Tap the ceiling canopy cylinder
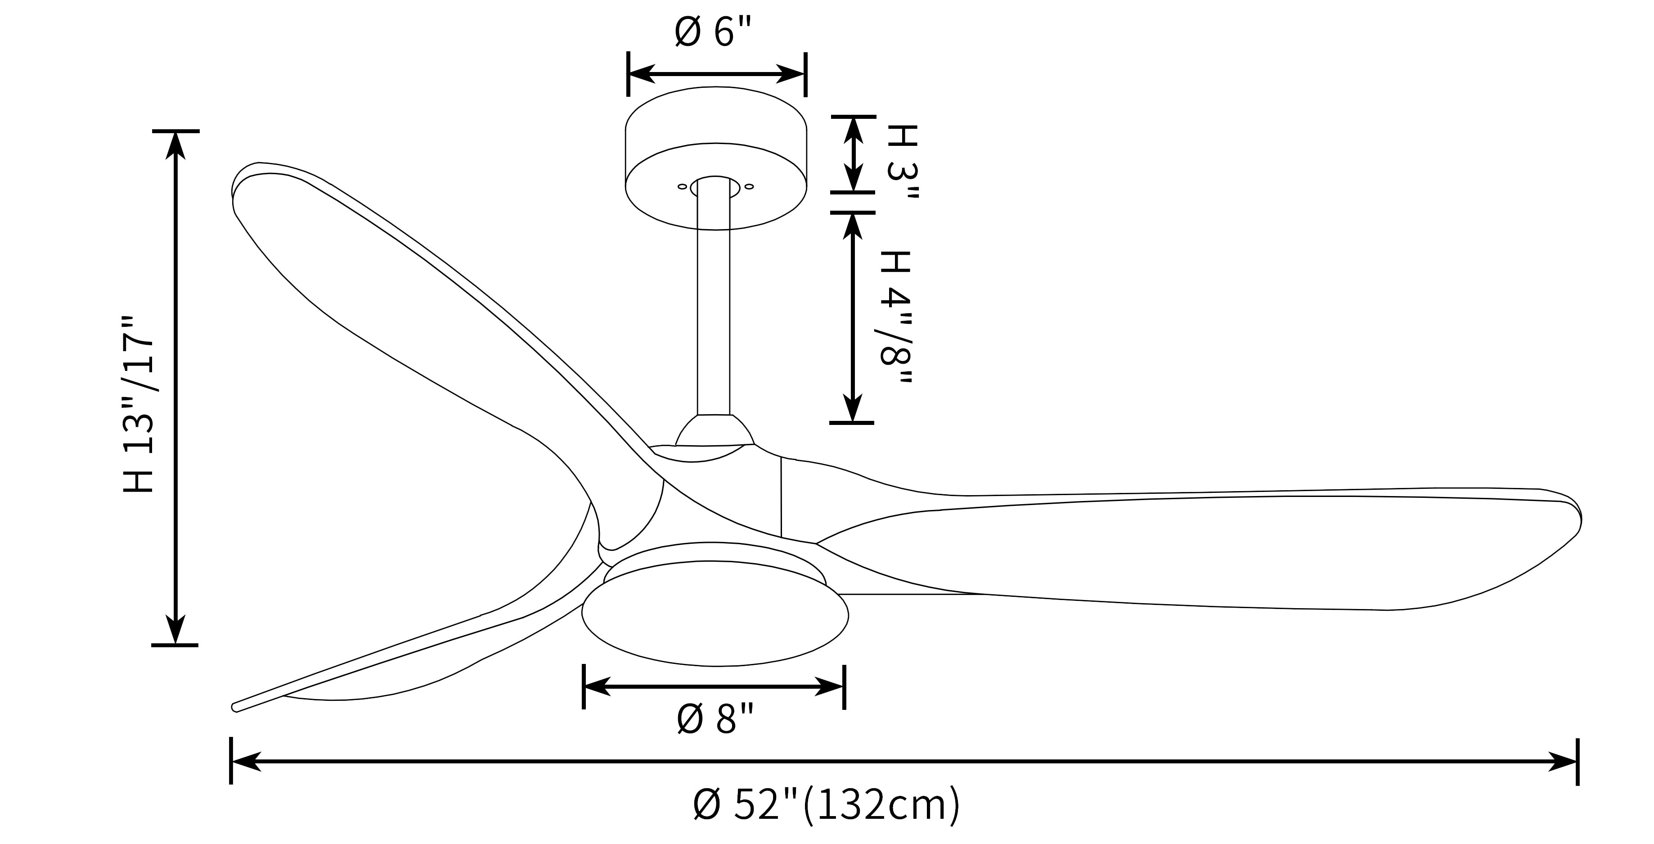click(716, 158)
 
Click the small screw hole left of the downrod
click(682, 186)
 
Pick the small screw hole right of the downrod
click(749, 186)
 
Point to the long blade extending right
click(1188, 552)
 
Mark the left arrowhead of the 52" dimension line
click(245, 762)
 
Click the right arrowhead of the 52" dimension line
click(1563, 762)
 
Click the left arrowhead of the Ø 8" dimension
click(597, 686)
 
